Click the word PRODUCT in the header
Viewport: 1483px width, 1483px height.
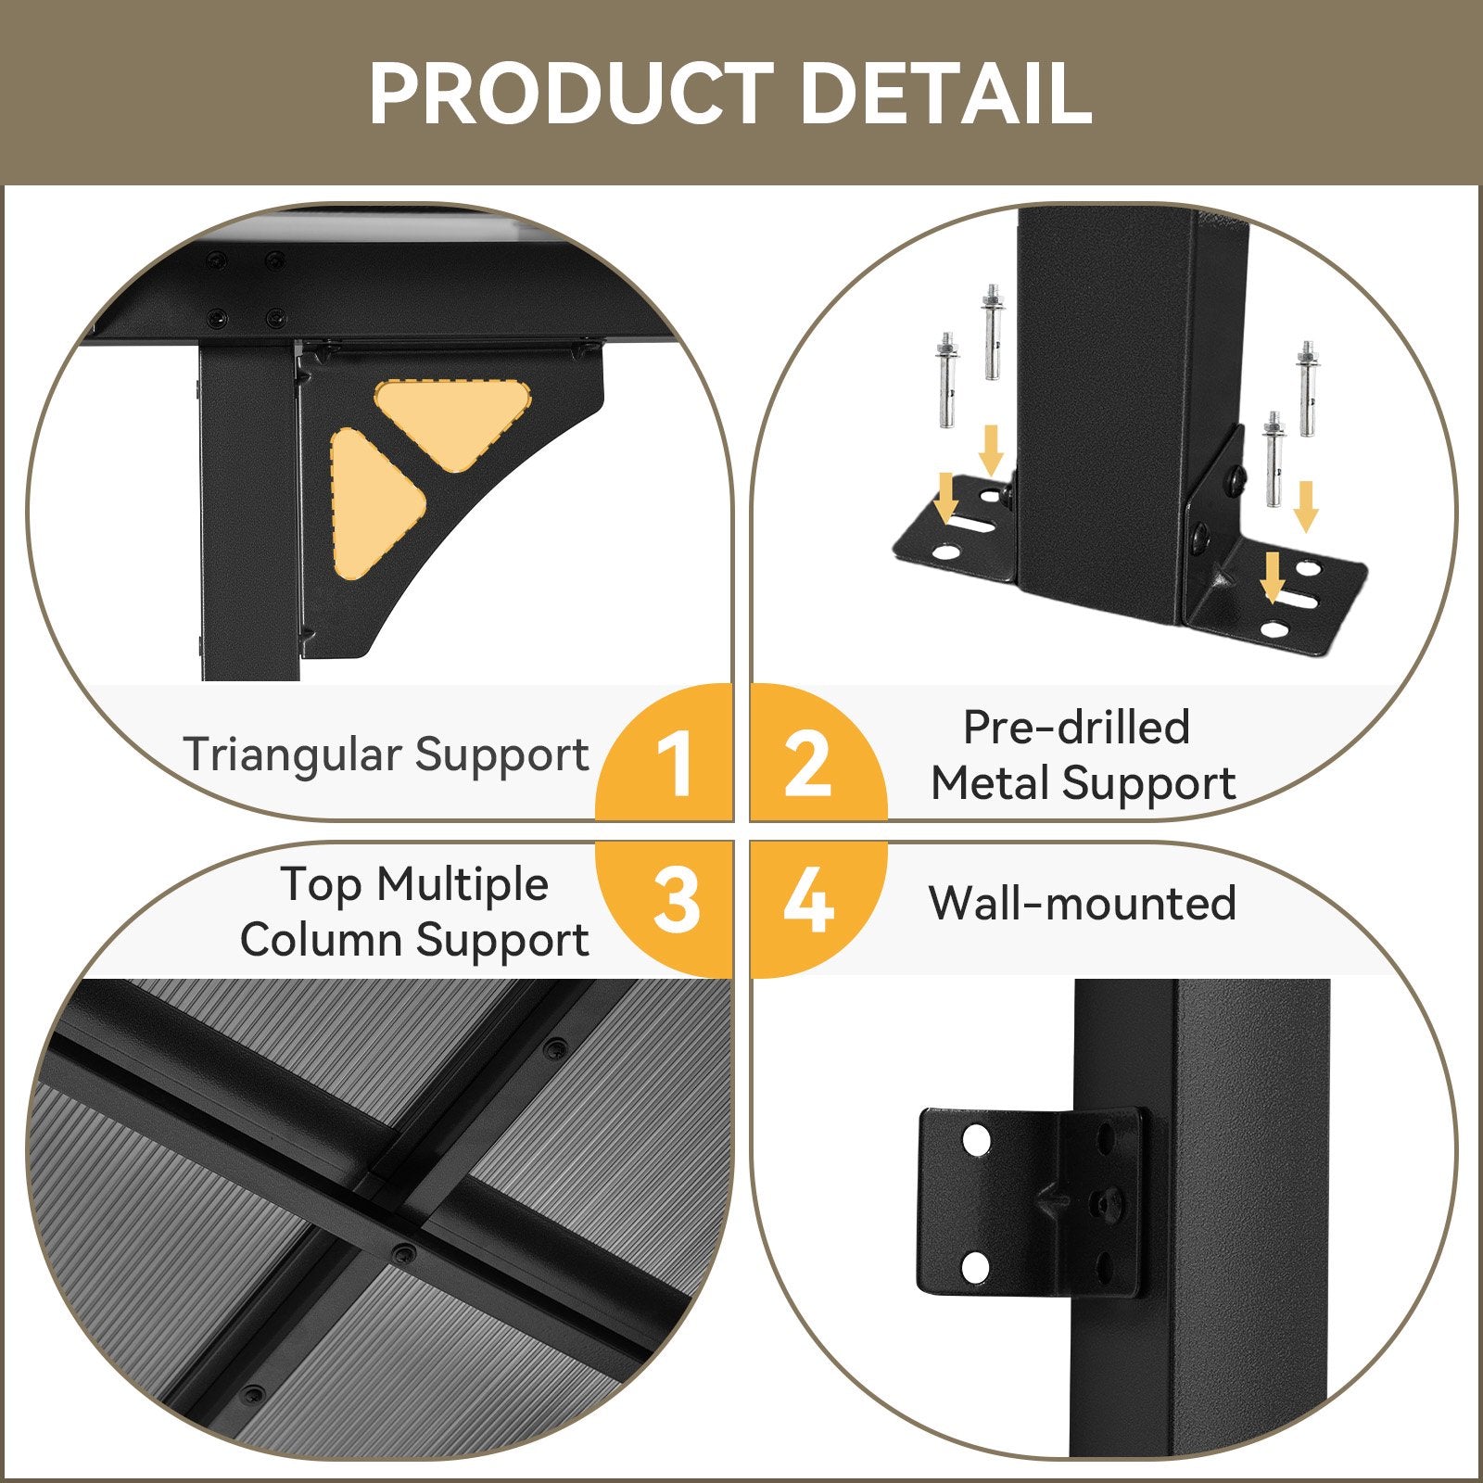point(571,93)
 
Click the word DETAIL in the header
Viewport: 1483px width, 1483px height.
point(945,93)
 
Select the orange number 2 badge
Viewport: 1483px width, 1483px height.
point(818,753)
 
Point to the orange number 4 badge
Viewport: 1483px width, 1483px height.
point(818,908)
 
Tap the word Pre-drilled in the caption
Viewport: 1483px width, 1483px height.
point(1076,728)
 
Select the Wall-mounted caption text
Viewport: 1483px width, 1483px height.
point(1083,903)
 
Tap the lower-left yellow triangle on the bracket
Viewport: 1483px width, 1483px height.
point(374,502)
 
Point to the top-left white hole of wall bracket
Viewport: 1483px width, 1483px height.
point(976,1140)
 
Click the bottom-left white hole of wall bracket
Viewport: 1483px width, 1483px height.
point(976,1266)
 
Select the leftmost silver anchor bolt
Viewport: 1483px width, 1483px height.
point(947,380)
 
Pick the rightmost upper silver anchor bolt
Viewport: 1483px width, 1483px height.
point(1307,388)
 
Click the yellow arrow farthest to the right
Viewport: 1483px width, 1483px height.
point(1306,506)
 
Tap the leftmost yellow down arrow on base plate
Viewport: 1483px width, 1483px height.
point(946,497)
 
